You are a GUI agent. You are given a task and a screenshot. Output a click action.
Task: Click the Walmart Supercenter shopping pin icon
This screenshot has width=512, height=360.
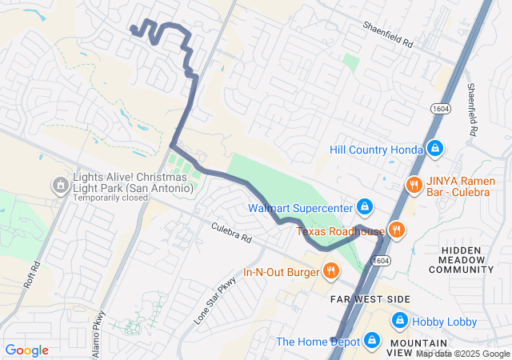pos(364,208)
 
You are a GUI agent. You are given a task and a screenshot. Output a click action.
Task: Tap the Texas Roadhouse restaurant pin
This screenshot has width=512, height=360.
pos(397,231)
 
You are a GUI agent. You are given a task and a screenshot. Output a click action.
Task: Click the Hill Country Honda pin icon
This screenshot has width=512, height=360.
pos(434,149)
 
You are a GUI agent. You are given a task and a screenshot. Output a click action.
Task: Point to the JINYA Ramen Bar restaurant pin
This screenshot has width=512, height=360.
pos(413,185)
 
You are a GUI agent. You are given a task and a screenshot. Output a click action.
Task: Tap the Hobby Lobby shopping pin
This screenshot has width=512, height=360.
pos(398,322)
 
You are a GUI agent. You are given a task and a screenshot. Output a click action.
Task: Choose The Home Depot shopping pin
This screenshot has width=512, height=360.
pos(371,342)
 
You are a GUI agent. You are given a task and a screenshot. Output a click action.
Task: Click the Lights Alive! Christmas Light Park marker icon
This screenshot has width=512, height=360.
pos(59,186)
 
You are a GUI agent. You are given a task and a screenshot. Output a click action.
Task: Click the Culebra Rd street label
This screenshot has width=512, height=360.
pos(231,233)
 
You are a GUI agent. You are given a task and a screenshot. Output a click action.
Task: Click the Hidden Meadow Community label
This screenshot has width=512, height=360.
pos(467,260)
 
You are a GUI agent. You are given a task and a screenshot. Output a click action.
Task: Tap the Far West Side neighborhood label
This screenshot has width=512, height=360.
pos(370,298)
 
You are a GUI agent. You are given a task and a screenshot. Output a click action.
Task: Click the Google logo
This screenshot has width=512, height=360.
pos(26,350)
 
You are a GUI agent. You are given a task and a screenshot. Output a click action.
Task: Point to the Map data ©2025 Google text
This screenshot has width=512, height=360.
pos(462,354)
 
